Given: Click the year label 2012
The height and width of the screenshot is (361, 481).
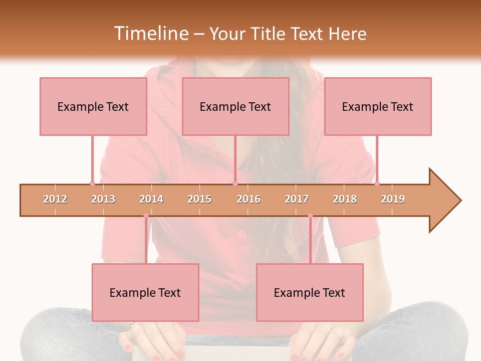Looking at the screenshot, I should point(55,199).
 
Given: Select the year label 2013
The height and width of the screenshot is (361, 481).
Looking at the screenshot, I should point(103,199).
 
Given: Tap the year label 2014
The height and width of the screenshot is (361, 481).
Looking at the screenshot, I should point(151,199).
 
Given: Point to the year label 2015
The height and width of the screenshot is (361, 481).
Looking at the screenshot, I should point(199,199).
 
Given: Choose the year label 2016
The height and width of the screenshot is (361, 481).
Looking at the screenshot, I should point(249,199).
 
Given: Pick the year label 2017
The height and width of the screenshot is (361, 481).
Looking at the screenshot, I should point(297,199).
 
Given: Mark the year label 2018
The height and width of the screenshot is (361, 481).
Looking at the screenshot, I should point(345,199).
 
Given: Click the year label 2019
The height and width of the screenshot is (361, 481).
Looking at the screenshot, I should point(393,199).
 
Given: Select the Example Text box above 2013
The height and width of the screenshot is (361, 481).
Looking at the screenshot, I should point(93,106).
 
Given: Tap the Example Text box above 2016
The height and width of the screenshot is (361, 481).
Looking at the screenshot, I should point(235,106).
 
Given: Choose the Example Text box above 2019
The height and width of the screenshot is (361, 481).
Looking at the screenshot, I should point(378,106).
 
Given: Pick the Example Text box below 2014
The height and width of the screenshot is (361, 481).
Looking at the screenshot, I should point(145,292).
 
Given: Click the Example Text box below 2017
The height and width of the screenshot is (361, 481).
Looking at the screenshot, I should point(310,292).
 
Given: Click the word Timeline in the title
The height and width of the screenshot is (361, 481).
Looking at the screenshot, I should point(150,34).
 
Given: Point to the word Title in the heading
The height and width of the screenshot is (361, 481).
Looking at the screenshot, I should point(268,34).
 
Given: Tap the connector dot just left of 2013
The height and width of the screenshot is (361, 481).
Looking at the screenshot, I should point(92,184).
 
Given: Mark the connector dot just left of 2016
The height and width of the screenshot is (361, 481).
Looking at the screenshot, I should point(235,184).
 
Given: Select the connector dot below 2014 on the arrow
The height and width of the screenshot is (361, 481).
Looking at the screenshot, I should point(146,216).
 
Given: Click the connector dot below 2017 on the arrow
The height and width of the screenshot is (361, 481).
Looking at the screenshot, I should point(310,216).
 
